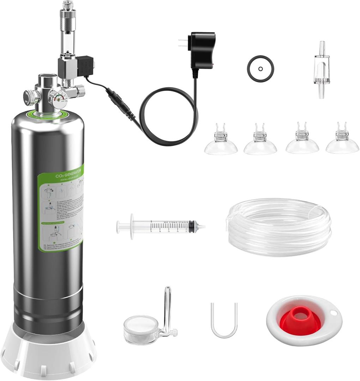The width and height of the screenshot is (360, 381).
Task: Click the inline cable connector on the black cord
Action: click(x=120, y=102)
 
